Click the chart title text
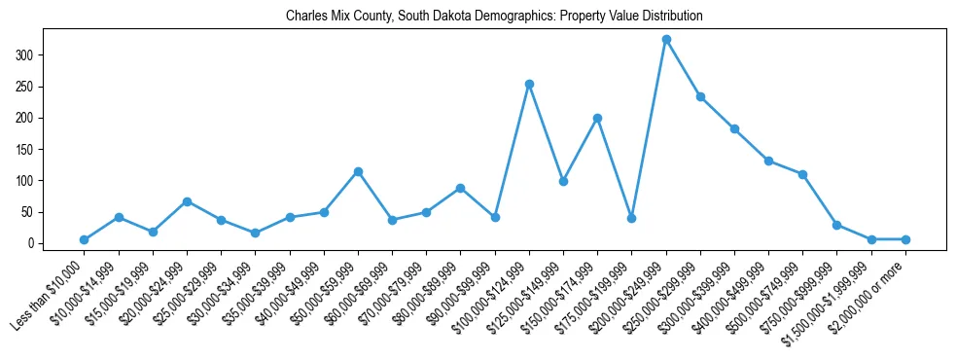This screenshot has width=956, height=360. pyautogui.click(x=494, y=17)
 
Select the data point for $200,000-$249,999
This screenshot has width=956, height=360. pyautogui.click(x=666, y=40)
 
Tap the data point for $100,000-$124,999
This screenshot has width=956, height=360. pyautogui.click(x=529, y=84)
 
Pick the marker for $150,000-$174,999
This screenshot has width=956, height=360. pyautogui.click(x=597, y=118)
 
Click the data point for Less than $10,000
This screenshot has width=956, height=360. pyautogui.click(x=85, y=239)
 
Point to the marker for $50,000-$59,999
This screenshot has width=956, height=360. pyautogui.click(x=358, y=171)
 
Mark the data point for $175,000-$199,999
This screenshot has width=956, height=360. pyautogui.click(x=631, y=218)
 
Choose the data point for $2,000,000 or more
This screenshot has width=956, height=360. pyautogui.click(x=905, y=239)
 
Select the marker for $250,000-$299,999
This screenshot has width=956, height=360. pyautogui.click(x=700, y=96)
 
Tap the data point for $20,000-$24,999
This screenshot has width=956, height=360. pyautogui.click(x=187, y=201)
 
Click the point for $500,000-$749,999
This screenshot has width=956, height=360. pyautogui.click(x=802, y=174)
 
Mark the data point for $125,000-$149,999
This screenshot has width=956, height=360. pyautogui.click(x=563, y=181)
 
